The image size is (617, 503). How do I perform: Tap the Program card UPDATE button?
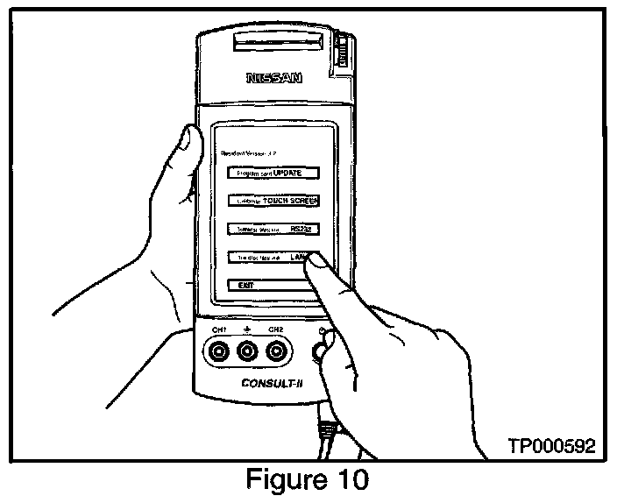(x=270, y=173)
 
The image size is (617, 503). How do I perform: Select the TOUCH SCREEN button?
(x=273, y=201)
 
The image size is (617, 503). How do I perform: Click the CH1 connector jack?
(x=217, y=352)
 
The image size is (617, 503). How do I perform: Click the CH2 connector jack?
(x=277, y=352)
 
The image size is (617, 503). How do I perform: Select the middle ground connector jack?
(x=247, y=352)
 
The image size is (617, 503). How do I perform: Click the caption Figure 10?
(x=310, y=481)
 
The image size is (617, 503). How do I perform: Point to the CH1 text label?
(x=218, y=329)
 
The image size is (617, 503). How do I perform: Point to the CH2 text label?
(x=276, y=329)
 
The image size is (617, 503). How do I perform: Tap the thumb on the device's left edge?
(x=187, y=145)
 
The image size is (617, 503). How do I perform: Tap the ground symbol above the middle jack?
(x=247, y=330)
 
